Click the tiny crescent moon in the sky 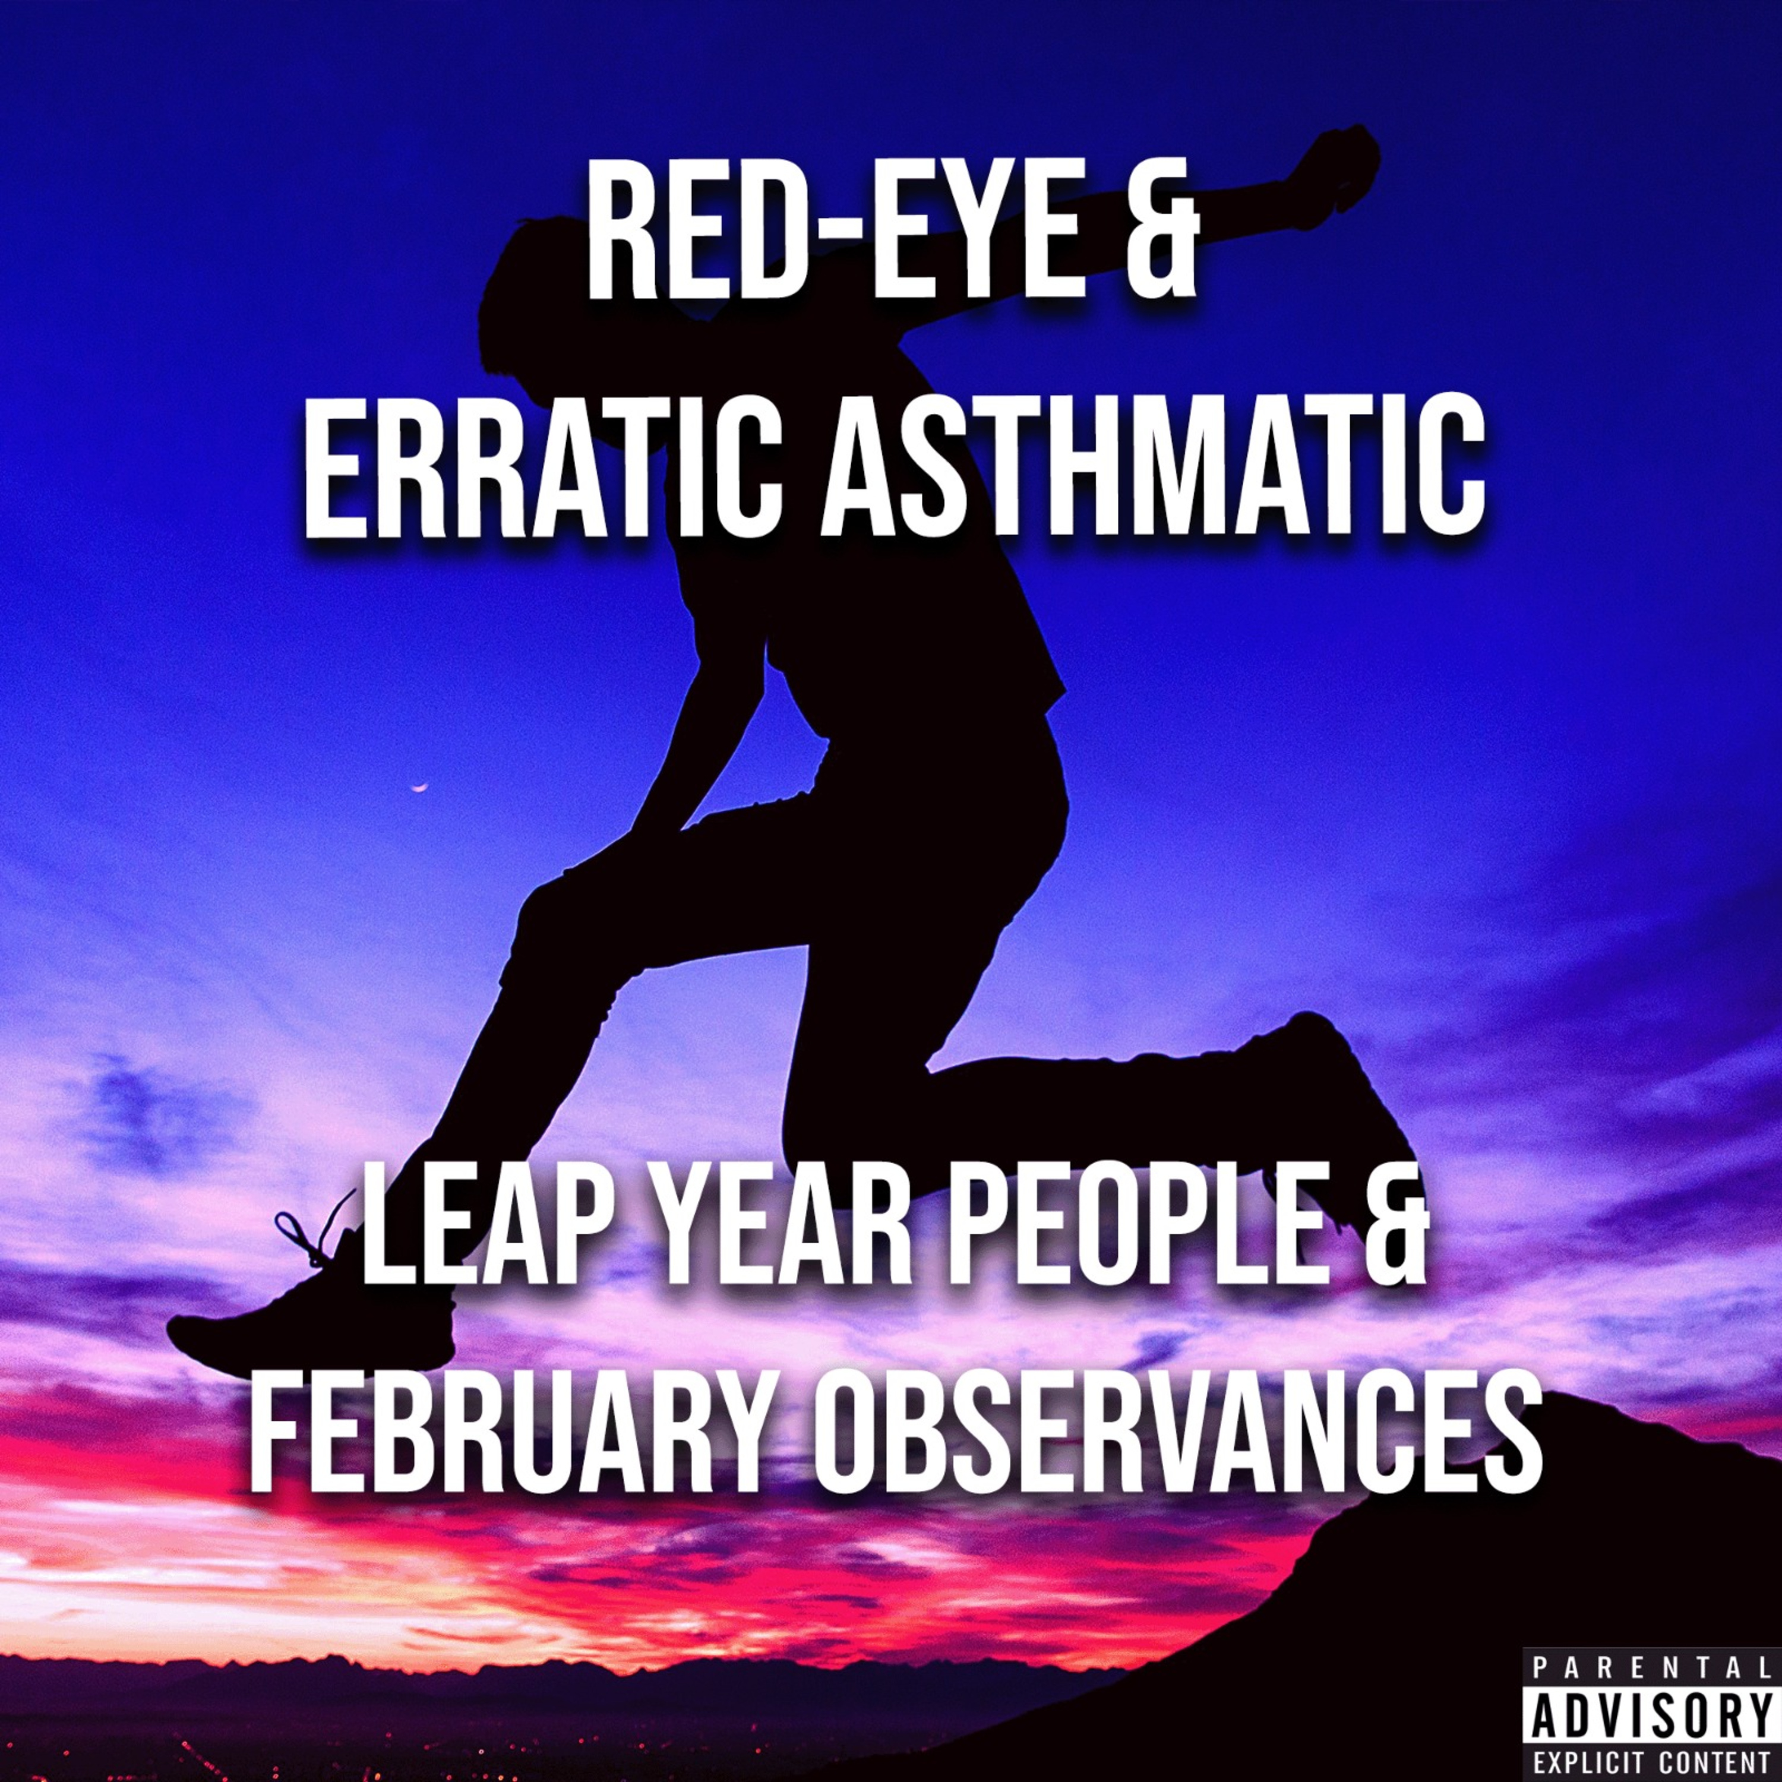[x=421, y=788]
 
